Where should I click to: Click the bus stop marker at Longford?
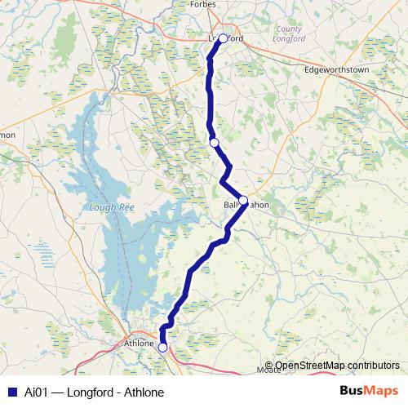click(x=223, y=38)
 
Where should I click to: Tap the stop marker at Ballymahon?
click(x=242, y=199)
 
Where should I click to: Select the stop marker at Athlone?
click(x=162, y=348)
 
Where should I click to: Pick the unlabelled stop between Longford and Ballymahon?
click(x=214, y=143)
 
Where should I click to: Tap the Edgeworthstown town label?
click(x=336, y=70)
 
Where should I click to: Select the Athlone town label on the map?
click(x=139, y=343)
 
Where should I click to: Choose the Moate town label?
click(x=268, y=370)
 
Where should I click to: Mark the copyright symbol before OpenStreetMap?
click(x=268, y=365)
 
